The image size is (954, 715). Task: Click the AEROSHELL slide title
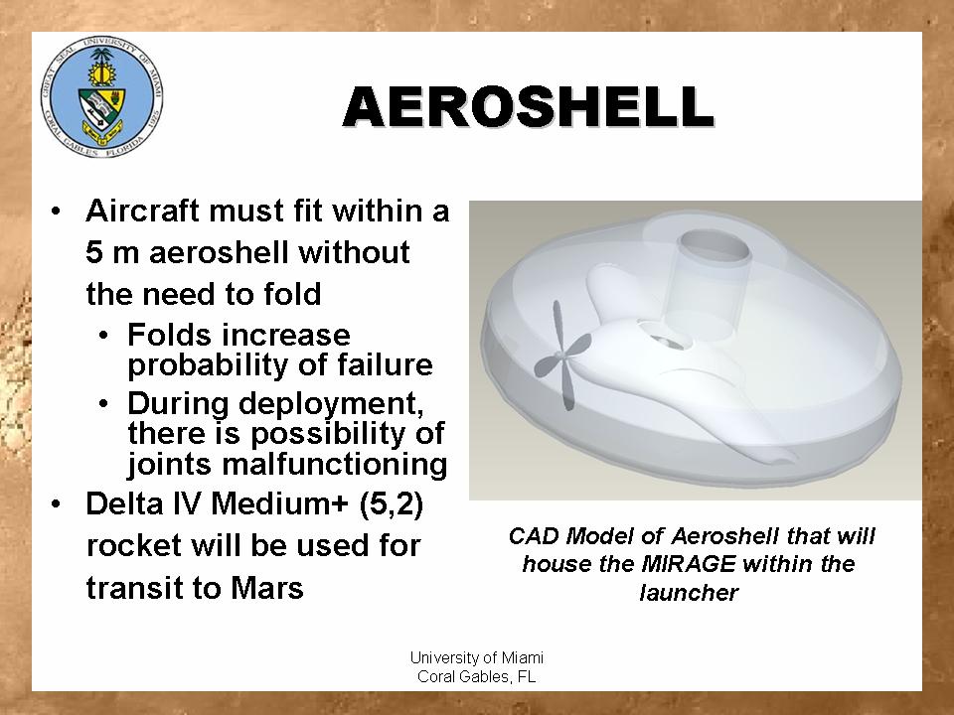pyautogui.click(x=528, y=106)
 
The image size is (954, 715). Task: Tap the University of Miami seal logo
pyautogui.click(x=101, y=97)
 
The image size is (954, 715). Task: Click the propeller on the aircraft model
pyautogui.click(x=562, y=356)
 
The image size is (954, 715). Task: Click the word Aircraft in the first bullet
pyautogui.click(x=143, y=211)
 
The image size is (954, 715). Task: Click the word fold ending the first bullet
pyautogui.click(x=292, y=294)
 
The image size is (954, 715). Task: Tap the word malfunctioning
pyautogui.click(x=335, y=465)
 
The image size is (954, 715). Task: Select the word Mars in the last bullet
pyautogui.click(x=266, y=588)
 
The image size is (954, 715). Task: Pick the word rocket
pyautogui.click(x=134, y=546)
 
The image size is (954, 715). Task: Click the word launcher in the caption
pyautogui.click(x=689, y=592)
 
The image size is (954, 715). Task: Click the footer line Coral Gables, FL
pyautogui.click(x=476, y=676)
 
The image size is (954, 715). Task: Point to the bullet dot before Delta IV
pyautogui.click(x=56, y=504)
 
